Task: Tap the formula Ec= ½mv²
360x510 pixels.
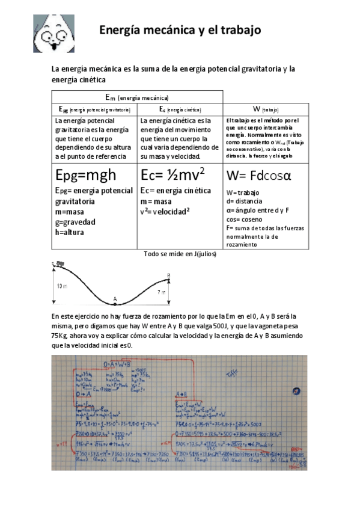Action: [x=172, y=175]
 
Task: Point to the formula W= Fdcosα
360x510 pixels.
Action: [x=258, y=176]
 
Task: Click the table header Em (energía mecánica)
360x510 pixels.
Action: [x=137, y=97]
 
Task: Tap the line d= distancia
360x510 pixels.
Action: [x=245, y=201]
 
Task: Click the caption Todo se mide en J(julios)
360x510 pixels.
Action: [x=180, y=254]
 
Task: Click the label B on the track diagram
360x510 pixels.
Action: [x=168, y=275]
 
